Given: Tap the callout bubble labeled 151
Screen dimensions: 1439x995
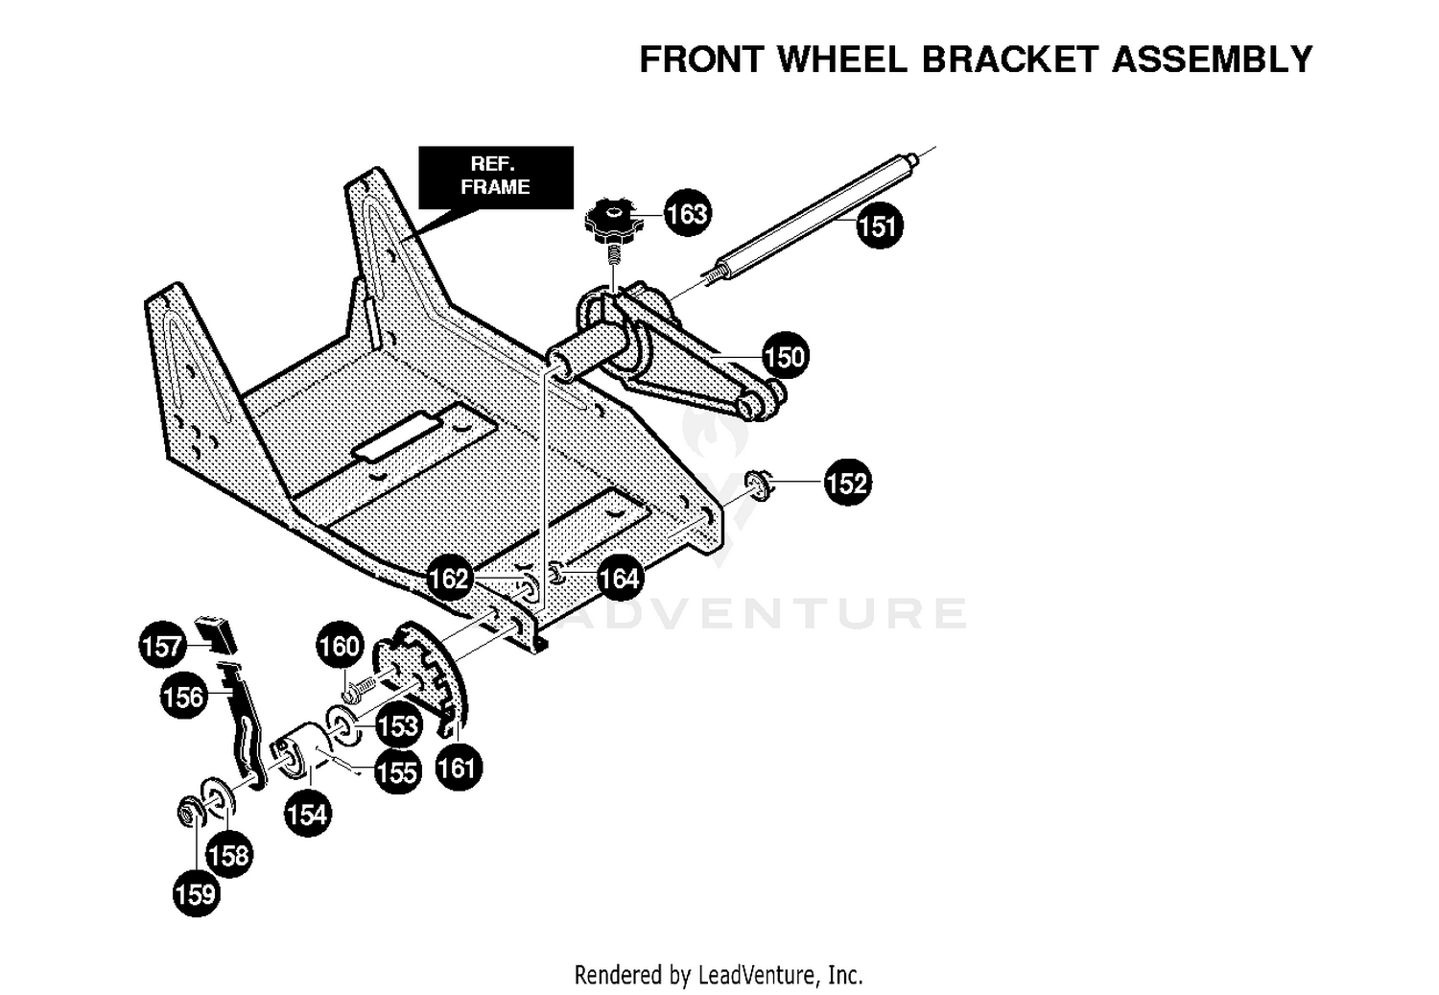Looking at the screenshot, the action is pos(879,225).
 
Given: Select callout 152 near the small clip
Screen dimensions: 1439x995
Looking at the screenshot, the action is pos(847,483).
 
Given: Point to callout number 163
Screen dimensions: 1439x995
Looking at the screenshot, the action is pos(687,213).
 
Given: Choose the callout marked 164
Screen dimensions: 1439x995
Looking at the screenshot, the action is pos(620,578).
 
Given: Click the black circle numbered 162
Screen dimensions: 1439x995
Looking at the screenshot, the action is pos(448,578).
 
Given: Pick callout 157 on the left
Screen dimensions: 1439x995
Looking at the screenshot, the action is pos(162,645).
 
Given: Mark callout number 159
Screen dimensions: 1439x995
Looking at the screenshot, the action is pos(197,893).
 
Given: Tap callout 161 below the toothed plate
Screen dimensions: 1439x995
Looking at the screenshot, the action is pos(459,768).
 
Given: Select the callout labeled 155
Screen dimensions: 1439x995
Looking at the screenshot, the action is pos(398,771).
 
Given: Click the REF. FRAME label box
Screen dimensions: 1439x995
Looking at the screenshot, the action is pos(495,177).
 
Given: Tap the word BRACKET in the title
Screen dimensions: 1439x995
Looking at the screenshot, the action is pos(1010,59).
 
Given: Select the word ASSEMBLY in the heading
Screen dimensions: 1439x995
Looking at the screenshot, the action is pos(1212,59).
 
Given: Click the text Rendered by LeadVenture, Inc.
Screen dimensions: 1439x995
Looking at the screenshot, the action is pos(719,975).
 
